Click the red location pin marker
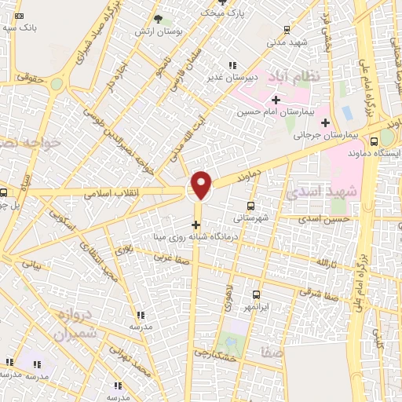(x=202, y=185)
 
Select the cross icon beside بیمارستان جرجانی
(x=325, y=122)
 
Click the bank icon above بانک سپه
(x=20, y=16)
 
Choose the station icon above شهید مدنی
(x=287, y=31)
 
